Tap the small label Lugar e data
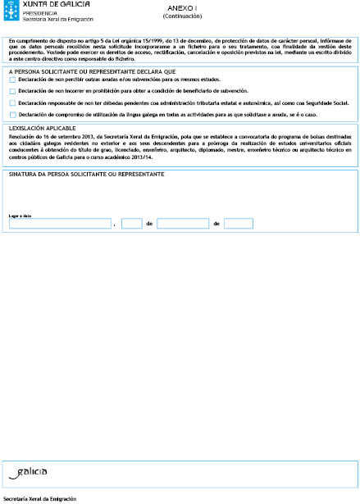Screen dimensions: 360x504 (x=21, y=216)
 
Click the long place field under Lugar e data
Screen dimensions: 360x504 (x=60, y=223)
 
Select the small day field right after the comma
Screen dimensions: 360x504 (x=131, y=223)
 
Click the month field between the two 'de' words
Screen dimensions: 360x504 (x=183, y=223)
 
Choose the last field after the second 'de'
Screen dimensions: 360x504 (x=238, y=223)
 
